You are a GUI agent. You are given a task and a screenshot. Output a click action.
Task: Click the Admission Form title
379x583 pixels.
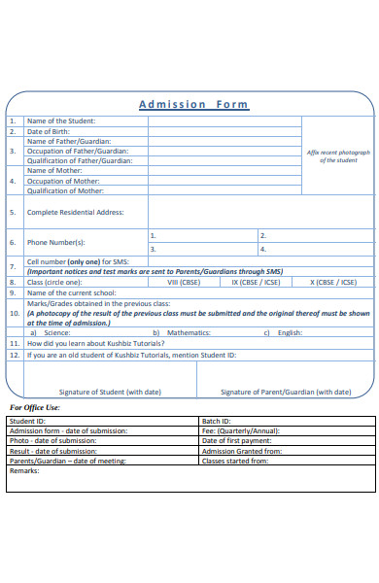[x=193, y=104]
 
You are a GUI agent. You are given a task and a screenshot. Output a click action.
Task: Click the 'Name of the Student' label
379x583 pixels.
[x=61, y=121]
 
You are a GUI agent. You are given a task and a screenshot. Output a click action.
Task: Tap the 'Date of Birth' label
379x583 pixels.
[x=48, y=131]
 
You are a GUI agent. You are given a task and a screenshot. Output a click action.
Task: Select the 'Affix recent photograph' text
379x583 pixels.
[x=338, y=156]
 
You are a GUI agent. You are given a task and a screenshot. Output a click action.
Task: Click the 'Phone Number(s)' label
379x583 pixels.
[x=56, y=242]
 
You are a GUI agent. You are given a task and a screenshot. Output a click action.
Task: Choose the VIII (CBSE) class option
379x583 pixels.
[x=185, y=282]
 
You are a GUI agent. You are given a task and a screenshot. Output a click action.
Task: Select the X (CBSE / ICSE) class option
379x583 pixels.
[x=334, y=282]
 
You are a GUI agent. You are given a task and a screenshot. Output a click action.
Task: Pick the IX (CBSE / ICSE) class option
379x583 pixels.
[x=256, y=282]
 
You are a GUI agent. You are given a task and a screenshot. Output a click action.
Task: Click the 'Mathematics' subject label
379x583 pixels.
[x=189, y=332]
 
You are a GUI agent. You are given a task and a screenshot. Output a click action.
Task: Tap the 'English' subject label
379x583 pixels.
[x=290, y=332]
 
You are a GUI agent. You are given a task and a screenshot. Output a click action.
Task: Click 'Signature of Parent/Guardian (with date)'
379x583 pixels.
[x=286, y=392]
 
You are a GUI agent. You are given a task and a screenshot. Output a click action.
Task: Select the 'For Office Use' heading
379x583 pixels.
[x=35, y=407]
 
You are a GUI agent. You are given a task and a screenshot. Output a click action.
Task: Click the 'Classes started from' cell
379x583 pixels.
[x=235, y=461]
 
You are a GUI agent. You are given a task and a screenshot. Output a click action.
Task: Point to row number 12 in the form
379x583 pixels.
[x=14, y=355]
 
